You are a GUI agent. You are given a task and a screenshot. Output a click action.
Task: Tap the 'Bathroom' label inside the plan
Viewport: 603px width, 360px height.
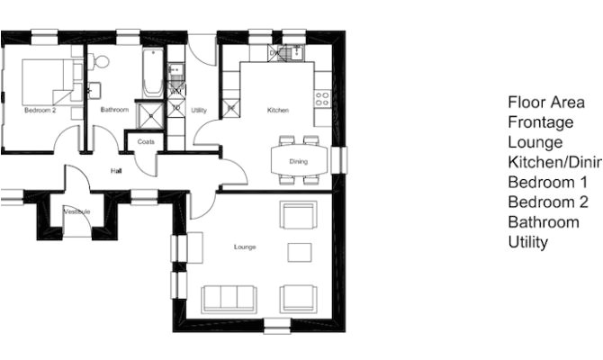click(114, 110)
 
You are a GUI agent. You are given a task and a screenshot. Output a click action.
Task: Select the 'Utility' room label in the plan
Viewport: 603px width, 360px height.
click(200, 110)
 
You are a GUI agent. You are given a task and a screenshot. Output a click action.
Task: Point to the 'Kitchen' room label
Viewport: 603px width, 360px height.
click(278, 110)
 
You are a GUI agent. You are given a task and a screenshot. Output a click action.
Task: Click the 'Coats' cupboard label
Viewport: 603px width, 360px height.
click(146, 141)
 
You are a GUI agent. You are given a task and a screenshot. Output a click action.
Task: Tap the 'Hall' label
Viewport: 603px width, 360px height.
click(116, 169)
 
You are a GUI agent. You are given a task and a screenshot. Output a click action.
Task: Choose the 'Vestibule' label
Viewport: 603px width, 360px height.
click(76, 212)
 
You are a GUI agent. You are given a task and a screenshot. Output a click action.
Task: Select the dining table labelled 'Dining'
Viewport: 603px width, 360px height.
click(298, 161)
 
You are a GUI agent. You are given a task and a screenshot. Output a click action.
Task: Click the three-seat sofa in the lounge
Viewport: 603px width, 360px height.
click(229, 298)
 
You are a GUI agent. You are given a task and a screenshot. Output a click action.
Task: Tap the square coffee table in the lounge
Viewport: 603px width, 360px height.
click(299, 252)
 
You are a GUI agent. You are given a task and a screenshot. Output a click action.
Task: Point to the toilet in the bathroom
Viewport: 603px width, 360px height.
click(100, 62)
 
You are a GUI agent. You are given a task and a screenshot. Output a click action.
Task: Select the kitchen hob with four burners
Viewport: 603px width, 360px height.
click(322, 98)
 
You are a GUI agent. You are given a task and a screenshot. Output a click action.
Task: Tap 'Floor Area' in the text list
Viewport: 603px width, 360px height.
click(541, 102)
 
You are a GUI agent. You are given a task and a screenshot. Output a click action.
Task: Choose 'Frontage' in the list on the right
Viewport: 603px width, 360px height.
click(540, 121)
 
